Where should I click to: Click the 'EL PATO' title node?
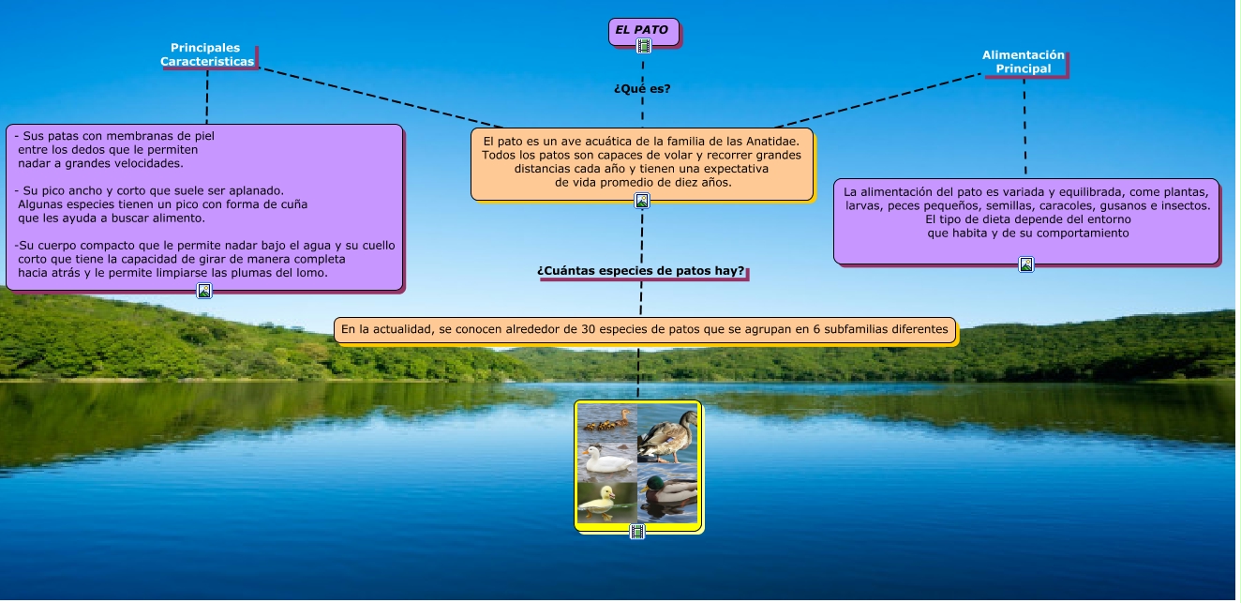click(644, 31)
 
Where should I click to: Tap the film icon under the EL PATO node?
click(644, 46)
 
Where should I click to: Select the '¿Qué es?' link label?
click(643, 89)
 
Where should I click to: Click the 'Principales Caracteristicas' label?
click(207, 55)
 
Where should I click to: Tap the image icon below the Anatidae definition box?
click(643, 200)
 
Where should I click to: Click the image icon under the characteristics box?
click(204, 291)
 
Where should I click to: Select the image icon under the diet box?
click(1027, 264)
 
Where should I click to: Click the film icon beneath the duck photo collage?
click(638, 532)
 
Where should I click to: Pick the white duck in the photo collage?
click(606, 460)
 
